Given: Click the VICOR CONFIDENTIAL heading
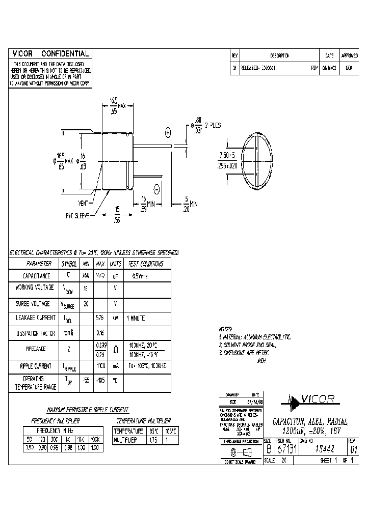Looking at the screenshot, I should pyautogui.click(x=50, y=53).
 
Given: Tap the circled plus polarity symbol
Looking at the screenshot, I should pyautogui.click(x=168, y=133).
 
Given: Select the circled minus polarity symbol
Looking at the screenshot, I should pyautogui.click(x=156, y=189).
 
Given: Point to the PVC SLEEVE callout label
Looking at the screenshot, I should pyautogui.click(x=76, y=216).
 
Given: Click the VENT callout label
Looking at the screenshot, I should pyautogui.click(x=85, y=203).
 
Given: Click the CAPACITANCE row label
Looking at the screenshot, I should pyautogui.click(x=39, y=275).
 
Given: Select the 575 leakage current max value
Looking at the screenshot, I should pyautogui.click(x=100, y=317).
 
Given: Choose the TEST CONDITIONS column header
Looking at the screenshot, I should pyautogui.click(x=145, y=264).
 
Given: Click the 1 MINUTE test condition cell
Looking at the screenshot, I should pyautogui.click(x=136, y=317).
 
